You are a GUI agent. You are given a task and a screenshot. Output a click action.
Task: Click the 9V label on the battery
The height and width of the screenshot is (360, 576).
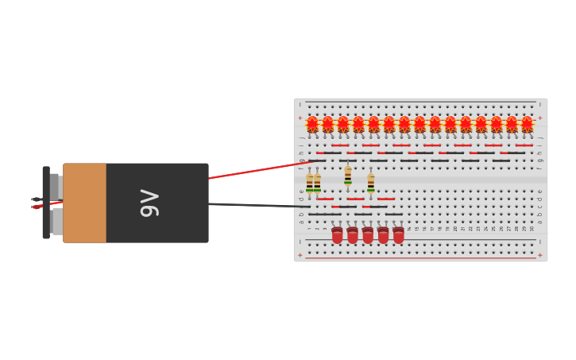coord(149,203)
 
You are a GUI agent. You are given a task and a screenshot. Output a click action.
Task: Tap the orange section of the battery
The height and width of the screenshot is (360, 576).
coord(84,203)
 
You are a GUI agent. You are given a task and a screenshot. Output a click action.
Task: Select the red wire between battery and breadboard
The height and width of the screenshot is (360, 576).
coord(254,170)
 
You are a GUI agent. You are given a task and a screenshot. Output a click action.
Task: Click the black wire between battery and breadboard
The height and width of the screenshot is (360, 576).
coord(254,206)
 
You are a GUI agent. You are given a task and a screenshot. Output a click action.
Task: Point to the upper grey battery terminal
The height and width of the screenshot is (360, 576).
coord(55,187)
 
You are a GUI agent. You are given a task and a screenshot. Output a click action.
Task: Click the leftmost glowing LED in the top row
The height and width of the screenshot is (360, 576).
coord(312,124)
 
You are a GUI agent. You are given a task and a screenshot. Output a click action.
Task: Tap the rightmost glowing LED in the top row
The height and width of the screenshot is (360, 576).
coord(527,124)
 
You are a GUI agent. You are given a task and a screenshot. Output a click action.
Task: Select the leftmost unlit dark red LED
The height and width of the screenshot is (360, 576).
coord(337,235)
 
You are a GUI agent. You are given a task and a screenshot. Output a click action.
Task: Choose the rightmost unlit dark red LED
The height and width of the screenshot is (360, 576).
coord(398,235)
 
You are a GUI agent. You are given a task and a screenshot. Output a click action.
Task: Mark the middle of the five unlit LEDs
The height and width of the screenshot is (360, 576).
coord(368,235)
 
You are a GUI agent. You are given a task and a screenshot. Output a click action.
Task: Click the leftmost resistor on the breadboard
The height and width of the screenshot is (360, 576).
coord(309,184)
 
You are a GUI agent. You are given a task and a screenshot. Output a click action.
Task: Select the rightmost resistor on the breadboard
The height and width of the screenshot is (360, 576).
coord(370,184)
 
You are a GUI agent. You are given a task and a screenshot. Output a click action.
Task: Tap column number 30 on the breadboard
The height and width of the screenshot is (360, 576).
coord(532,229)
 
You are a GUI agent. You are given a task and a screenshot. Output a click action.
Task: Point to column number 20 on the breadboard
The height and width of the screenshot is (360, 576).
coord(455,229)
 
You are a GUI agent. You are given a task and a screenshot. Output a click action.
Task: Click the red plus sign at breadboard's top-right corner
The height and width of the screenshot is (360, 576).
coord(540,118)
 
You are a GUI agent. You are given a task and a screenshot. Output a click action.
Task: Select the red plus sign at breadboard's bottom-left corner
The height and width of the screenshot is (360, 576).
coord(300,256)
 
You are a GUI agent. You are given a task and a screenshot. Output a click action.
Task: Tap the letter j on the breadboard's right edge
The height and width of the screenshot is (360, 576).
coord(540,137)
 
